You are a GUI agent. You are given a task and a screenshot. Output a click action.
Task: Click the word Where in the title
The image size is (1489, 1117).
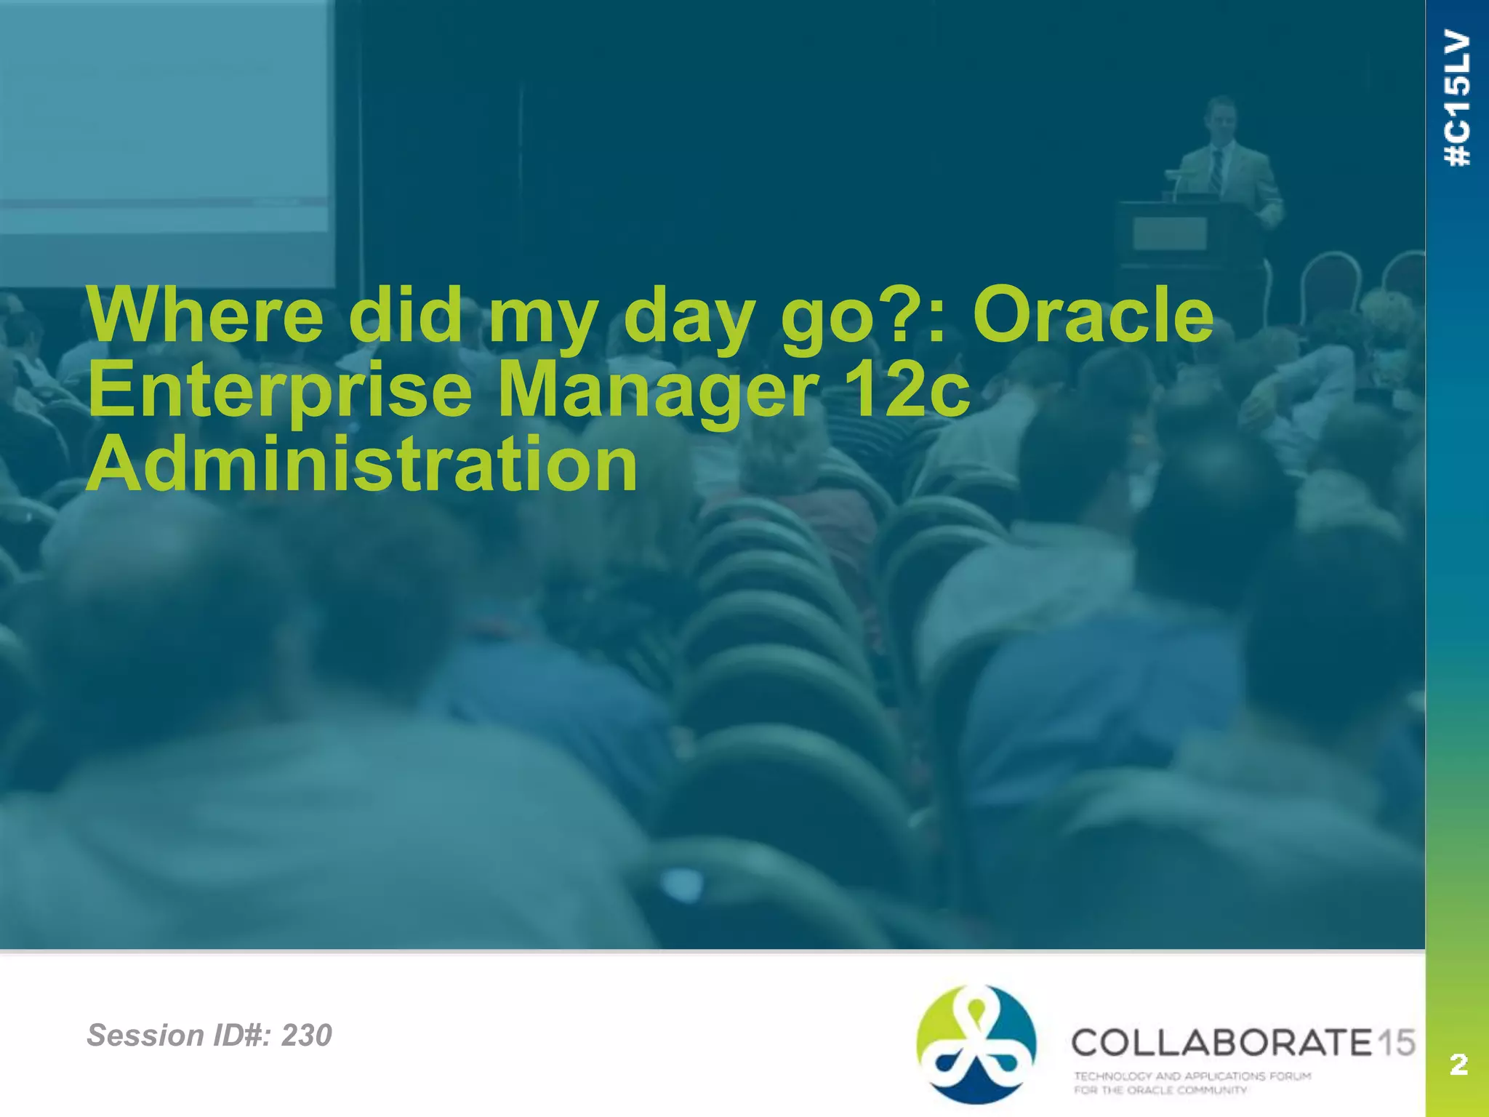click(x=205, y=316)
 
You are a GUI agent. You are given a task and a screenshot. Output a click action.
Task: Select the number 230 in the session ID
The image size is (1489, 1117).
click(x=306, y=1035)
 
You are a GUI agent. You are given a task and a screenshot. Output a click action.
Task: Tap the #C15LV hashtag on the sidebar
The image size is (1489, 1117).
click(x=1458, y=97)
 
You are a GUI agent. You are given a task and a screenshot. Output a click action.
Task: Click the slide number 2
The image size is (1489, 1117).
click(x=1458, y=1064)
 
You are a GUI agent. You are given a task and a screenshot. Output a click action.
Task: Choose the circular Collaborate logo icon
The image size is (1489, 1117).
click(x=976, y=1044)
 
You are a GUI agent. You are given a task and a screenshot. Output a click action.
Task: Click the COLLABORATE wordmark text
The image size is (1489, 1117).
click(x=1221, y=1043)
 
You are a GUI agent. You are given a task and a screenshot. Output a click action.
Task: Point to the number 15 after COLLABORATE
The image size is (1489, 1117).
click(x=1396, y=1043)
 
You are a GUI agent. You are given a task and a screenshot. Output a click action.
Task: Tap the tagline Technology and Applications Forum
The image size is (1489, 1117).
click(x=1192, y=1076)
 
